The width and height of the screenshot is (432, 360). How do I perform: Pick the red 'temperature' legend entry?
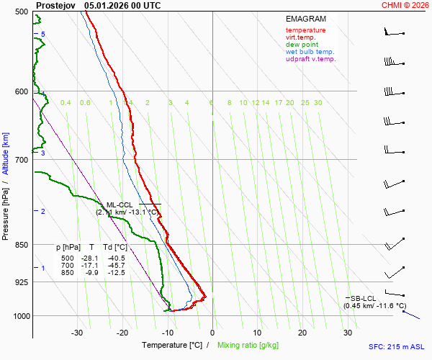pos(305,30)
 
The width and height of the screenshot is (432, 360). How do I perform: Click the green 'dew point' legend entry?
pos(302,45)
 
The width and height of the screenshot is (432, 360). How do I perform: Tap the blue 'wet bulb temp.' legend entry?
pos(310,52)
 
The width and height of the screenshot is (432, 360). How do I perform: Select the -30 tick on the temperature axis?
pos(77,333)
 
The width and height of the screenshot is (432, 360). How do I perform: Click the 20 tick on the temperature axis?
pos(302,333)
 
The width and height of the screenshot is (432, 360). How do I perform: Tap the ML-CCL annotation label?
pos(120,205)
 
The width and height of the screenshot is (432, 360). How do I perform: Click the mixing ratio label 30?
pos(318,103)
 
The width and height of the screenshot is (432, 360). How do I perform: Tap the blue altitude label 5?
pos(42,35)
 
